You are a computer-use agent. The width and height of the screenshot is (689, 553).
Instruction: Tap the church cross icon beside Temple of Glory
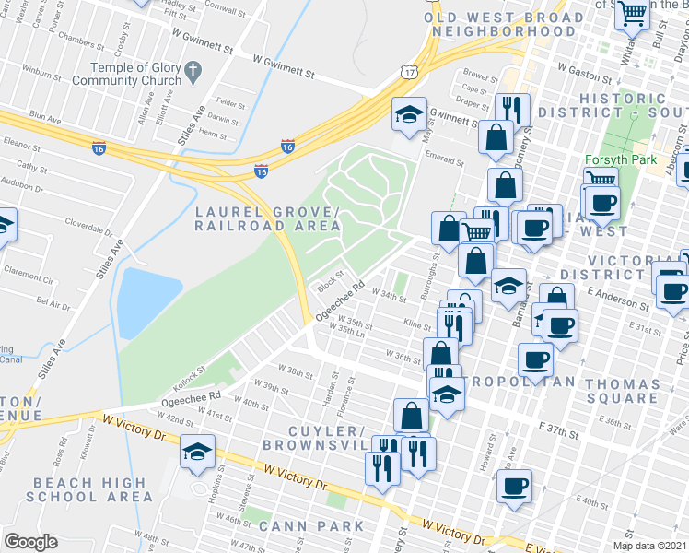click(x=192, y=69)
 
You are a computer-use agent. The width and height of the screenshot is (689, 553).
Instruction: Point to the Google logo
click(x=30, y=542)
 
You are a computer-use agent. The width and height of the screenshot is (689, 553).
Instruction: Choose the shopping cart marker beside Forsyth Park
click(x=601, y=181)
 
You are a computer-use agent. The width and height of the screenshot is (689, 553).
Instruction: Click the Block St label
click(x=331, y=276)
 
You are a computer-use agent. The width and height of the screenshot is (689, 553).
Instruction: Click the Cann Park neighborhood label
click(x=311, y=526)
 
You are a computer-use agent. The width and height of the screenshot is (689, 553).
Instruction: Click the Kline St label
click(x=417, y=325)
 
